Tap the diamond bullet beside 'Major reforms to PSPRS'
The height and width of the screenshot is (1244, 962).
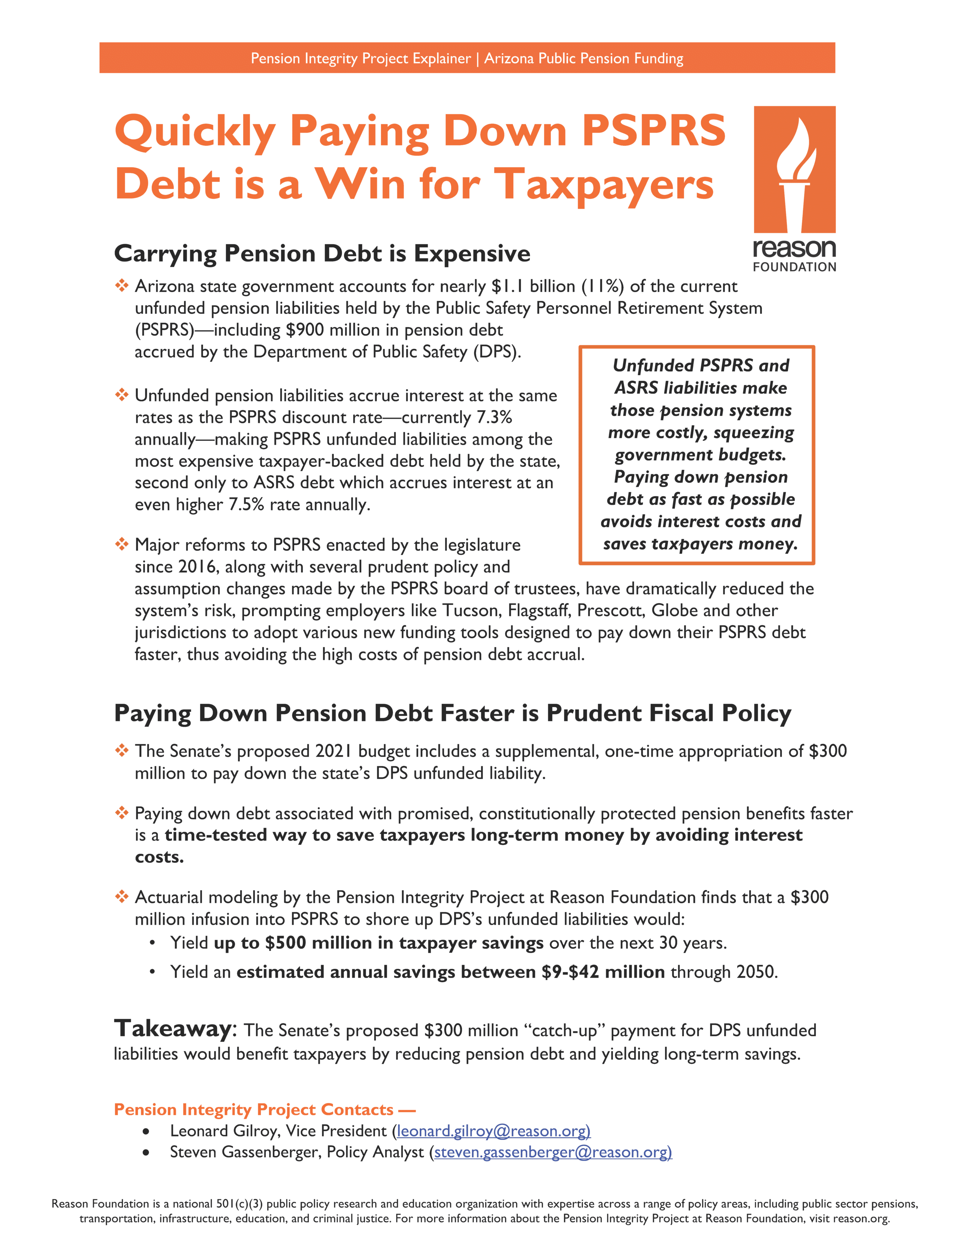click(x=121, y=545)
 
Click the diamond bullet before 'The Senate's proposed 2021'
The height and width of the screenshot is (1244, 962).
click(x=121, y=751)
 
